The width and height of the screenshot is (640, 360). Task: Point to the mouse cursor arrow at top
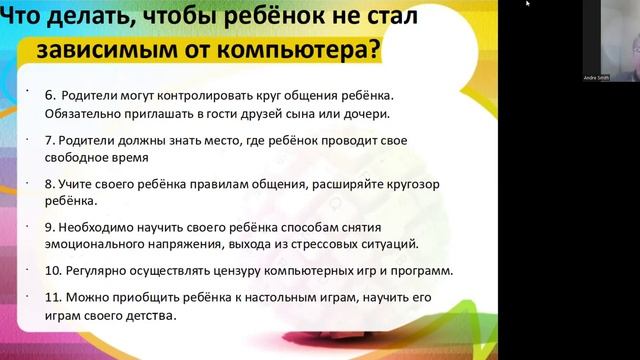pos(527,4)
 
